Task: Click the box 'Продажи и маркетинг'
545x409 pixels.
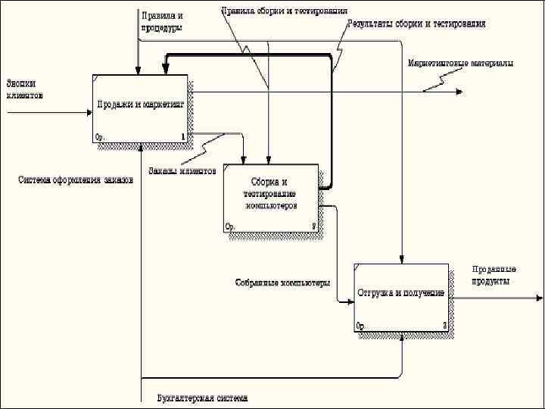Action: point(140,108)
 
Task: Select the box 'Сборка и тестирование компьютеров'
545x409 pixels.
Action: point(269,198)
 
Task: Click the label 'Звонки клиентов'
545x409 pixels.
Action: point(25,89)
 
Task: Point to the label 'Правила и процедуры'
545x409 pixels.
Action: point(162,20)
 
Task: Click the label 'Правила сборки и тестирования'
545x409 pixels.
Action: point(285,11)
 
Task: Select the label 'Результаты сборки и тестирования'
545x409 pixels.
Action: point(416,24)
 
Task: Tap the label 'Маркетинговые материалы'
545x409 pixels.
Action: point(460,63)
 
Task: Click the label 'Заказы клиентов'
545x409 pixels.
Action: point(182,170)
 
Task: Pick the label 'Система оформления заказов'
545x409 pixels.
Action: point(76,180)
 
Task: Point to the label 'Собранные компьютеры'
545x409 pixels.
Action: point(282,283)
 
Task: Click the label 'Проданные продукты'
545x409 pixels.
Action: point(494,275)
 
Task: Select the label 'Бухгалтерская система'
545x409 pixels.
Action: point(202,398)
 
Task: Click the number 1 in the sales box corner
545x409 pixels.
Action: point(182,137)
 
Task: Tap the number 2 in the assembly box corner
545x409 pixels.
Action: point(313,226)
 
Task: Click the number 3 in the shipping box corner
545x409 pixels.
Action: point(444,326)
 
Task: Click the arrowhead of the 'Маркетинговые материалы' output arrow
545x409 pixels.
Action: point(459,92)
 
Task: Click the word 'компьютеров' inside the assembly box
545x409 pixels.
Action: point(270,205)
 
